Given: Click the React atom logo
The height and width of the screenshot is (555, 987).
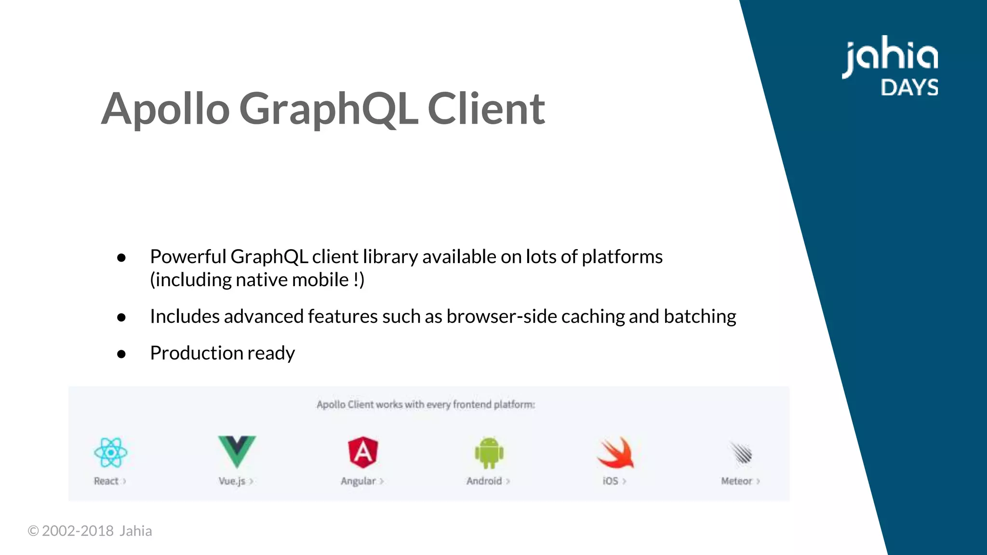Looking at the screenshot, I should click(110, 452).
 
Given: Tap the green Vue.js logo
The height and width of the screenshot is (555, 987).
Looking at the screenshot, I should click(237, 450).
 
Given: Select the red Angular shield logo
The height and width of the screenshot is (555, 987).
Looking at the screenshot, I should click(363, 452).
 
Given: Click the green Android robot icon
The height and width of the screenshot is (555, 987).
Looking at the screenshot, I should click(489, 452).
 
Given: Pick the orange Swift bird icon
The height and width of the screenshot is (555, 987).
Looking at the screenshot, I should click(616, 452).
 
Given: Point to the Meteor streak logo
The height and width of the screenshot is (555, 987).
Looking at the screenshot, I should click(741, 453).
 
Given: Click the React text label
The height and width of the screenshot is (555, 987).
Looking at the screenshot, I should click(106, 481).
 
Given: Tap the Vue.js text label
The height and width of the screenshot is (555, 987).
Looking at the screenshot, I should click(232, 481).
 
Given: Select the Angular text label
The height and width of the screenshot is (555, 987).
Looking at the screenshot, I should click(358, 481).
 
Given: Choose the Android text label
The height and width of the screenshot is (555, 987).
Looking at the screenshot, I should click(484, 481).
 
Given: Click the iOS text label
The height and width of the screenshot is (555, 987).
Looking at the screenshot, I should click(610, 481).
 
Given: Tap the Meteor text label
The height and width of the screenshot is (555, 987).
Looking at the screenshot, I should click(736, 481).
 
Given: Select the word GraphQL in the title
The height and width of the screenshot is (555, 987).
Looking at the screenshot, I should click(328, 109).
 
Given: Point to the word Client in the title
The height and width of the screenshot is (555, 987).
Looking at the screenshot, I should click(486, 109).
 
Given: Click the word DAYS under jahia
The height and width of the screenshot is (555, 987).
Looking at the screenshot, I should click(909, 88).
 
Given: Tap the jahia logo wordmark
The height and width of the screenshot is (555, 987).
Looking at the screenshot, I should click(890, 56).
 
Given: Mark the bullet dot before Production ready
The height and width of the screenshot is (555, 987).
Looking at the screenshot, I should click(121, 354).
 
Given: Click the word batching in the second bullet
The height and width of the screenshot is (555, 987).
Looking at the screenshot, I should click(700, 317).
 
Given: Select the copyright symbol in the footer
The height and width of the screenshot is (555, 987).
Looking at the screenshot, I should click(33, 531).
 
